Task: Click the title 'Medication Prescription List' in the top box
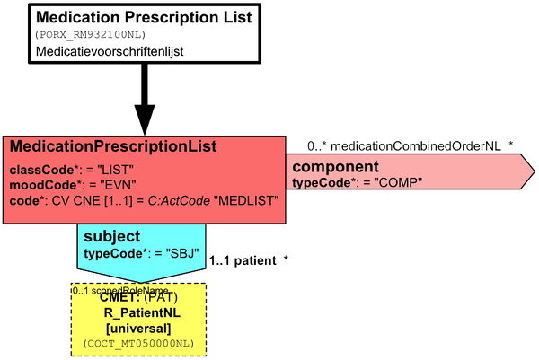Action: click(x=143, y=17)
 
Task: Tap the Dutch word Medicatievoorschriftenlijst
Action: click(x=110, y=52)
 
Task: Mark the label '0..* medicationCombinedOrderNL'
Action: click(x=404, y=145)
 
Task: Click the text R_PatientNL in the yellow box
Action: click(x=141, y=313)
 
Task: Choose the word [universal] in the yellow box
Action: click(x=141, y=328)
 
